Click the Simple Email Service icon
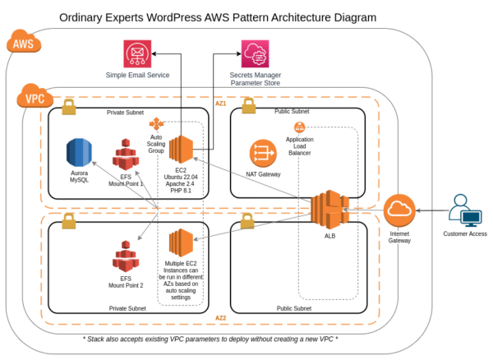(137, 54)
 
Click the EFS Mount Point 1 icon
(126, 154)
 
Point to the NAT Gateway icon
(265, 154)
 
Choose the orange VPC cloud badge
(33, 99)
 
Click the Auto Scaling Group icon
(156, 123)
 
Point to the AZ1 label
(220, 104)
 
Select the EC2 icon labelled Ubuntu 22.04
(181, 149)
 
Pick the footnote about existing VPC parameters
(211, 338)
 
